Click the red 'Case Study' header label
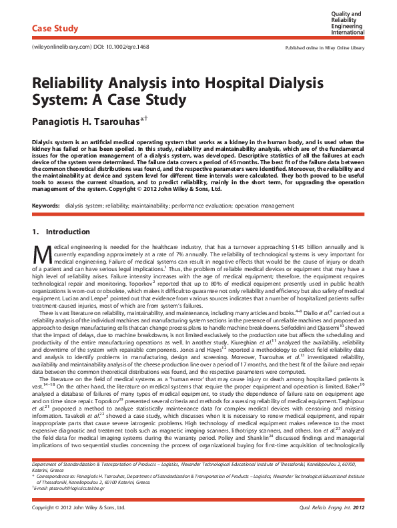point(55,29)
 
